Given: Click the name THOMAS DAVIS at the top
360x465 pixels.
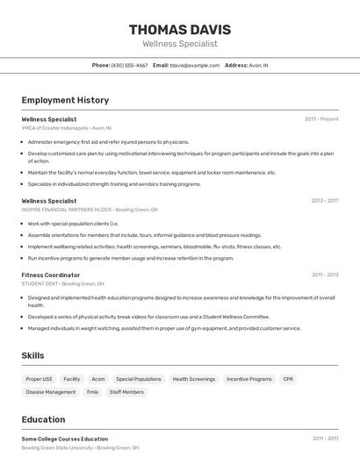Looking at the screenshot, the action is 179,29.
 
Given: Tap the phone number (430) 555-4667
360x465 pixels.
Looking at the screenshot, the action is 129,65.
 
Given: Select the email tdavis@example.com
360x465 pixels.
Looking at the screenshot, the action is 194,65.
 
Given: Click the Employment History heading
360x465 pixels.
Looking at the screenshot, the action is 65,100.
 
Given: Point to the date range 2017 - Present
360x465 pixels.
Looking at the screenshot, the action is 321,119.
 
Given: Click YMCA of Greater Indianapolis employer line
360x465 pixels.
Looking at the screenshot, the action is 67,127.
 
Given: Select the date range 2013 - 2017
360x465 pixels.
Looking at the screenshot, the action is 325,201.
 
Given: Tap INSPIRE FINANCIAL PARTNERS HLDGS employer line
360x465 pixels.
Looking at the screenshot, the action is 90,210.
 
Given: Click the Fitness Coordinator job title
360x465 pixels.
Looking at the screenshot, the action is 51,275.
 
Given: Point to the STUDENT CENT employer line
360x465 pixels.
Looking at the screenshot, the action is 62,283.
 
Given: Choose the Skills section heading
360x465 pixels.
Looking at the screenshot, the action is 33,355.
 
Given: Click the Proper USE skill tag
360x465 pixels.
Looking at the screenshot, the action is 39,379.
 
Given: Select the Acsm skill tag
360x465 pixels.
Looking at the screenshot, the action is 98,379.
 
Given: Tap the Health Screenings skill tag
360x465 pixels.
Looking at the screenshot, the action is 193,379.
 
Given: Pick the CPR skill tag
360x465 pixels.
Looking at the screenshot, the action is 288,379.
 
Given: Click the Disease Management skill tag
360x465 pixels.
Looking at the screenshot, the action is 51,392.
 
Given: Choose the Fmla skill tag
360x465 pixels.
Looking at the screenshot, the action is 92,392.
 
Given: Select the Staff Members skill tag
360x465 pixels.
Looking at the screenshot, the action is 126,392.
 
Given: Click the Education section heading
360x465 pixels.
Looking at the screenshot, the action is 44,419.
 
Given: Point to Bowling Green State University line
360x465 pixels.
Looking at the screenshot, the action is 80,447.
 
